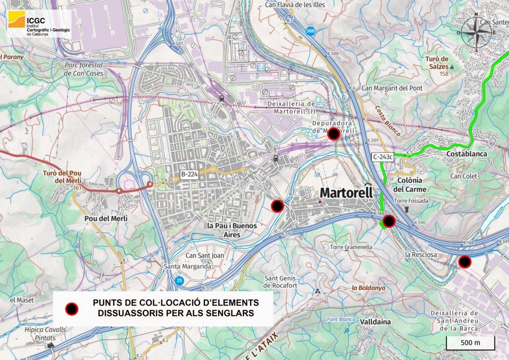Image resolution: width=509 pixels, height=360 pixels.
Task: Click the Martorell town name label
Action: point(346,193)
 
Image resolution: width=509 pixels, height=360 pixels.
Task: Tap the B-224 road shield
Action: point(190,174)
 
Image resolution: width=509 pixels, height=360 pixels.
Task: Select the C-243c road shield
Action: point(382,157)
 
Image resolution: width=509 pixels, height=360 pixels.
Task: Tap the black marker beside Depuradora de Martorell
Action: point(334,134)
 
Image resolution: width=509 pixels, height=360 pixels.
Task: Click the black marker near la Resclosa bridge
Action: point(465,262)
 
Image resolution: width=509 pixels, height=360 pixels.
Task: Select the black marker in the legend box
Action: point(72,309)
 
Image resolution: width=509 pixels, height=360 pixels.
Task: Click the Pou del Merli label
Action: point(104,218)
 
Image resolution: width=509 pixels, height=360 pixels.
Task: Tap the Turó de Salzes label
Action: point(437,62)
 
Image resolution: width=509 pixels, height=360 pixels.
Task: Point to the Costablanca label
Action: point(467,154)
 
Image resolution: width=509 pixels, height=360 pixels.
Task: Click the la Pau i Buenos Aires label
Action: point(232,230)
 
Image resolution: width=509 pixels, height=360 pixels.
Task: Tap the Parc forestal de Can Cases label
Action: point(84,69)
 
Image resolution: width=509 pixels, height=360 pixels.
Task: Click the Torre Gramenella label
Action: point(351,247)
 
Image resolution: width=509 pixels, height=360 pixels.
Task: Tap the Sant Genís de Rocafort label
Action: point(281,282)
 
